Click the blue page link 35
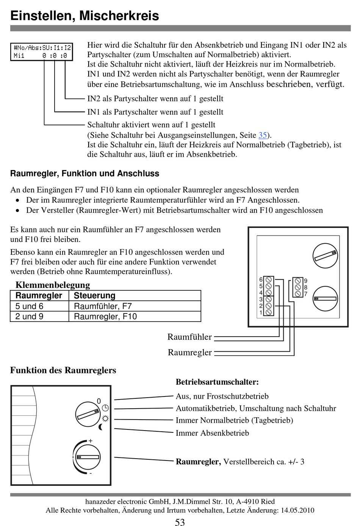[x=263, y=135]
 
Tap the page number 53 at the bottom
[x=180, y=522]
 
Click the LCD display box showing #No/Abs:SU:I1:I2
[x=41, y=52]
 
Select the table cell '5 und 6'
[x=30, y=306]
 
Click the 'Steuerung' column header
[x=94, y=295]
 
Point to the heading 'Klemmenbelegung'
[x=53, y=285]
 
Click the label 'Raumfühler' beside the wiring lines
[x=189, y=337]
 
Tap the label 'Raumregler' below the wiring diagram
[x=189, y=352]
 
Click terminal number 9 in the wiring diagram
[x=306, y=281]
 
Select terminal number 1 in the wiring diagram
[x=261, y=312]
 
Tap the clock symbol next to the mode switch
[x=105, y=408]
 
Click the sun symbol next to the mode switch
[x=105, y=418]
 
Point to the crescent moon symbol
[x=101, y=428]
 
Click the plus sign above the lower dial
[x=91, y=441]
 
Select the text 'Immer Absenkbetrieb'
[x=212, y=433]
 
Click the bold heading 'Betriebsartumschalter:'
[x=217, y=382]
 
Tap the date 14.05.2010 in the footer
[x=297, y=510]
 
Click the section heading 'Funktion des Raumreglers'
[x=63, y=370]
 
